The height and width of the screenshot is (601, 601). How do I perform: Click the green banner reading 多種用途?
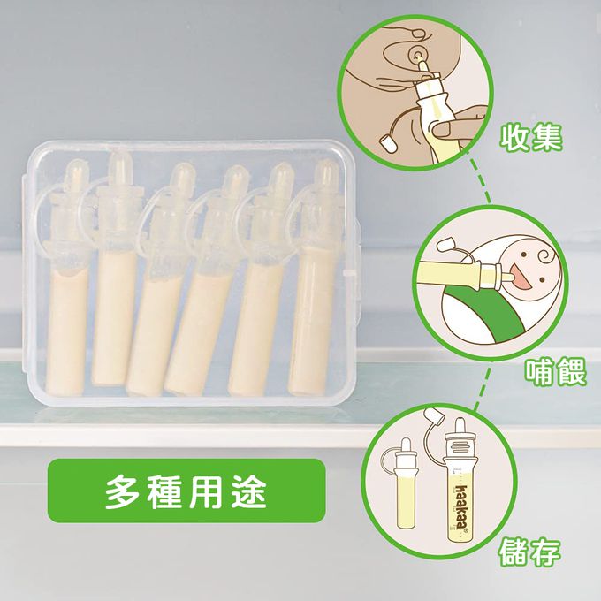click(186, 489)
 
